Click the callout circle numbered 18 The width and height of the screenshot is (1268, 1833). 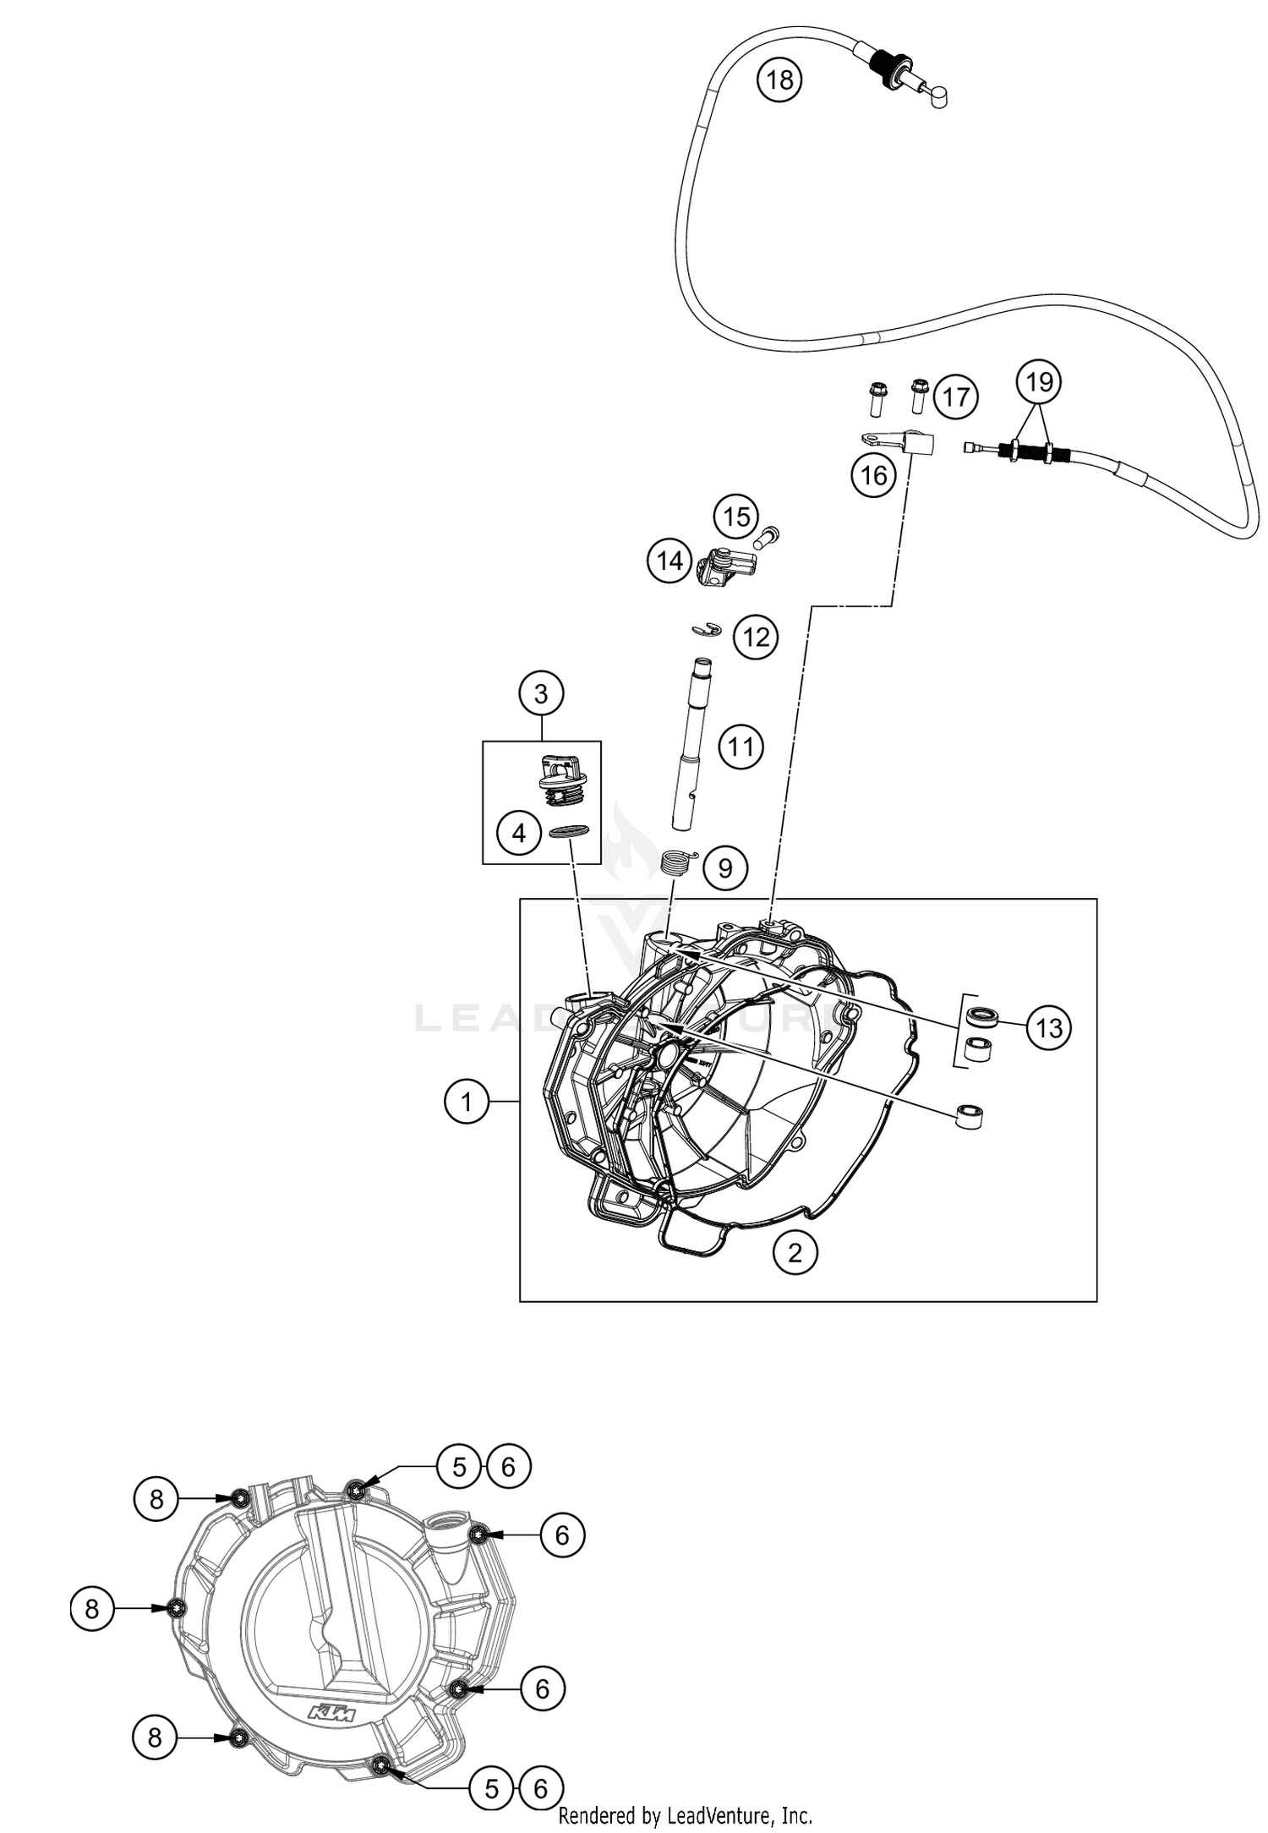(779, 80)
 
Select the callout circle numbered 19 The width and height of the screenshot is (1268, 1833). (1039, 382)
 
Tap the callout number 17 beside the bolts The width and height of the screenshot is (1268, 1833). (955, 397)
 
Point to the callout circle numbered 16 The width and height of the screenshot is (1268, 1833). (873, 475)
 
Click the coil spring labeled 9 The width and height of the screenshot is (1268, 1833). (676, 863)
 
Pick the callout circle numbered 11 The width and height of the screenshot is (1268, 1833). (741, 747)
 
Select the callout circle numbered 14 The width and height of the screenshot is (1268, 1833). (670, 561)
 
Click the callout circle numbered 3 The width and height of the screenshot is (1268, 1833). (541, 694)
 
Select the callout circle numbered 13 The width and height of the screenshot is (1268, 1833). (1049, 1028)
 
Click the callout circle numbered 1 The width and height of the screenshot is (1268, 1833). (466, 1102)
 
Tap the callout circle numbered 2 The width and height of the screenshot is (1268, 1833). (795, 1251)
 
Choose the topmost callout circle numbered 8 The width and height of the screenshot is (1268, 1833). (156, 1499)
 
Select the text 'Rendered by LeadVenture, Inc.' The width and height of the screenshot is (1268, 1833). (685, 1814)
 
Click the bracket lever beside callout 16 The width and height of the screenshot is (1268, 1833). (896, 441)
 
